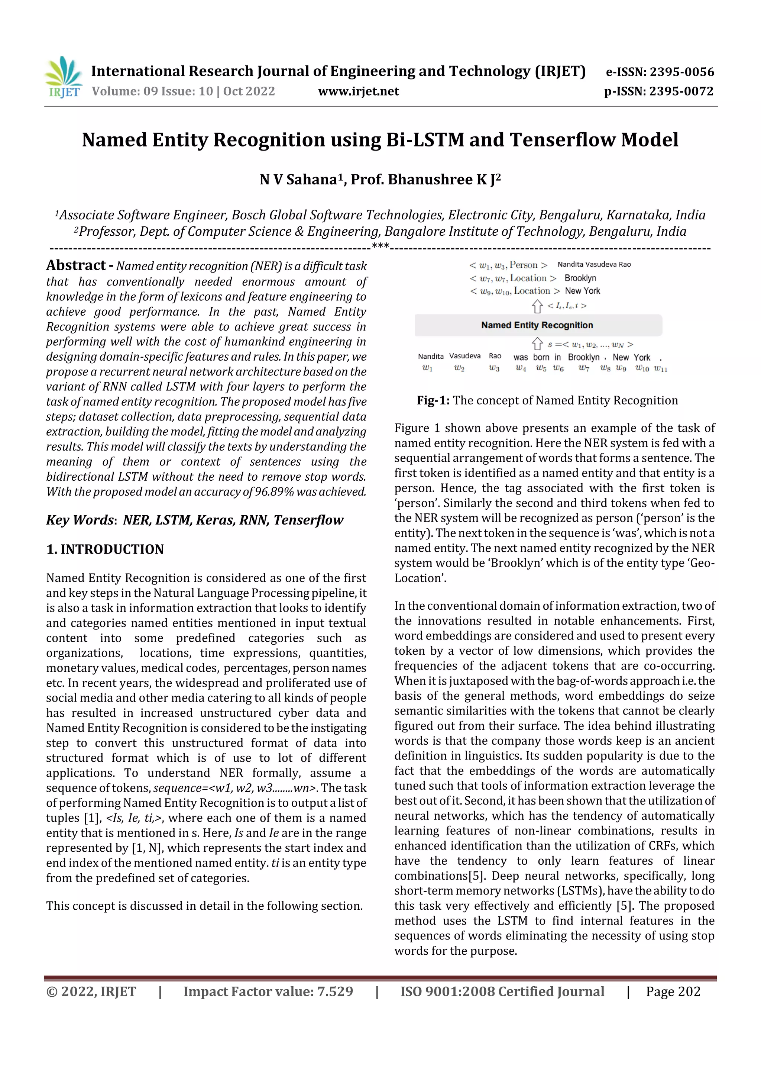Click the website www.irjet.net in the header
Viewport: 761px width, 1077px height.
(x=358, y=91)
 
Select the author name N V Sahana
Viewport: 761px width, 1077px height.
(x=298, y=180)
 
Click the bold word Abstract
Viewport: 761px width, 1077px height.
(x=75, y=265)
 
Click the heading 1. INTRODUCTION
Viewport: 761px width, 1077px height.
(x=105, y=549)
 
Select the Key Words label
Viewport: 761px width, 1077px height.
(x=80, y=520)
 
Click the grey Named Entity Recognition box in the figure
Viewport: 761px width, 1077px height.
(x=537, y=325)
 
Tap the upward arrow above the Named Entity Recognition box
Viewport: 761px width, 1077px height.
(x=537, y=306)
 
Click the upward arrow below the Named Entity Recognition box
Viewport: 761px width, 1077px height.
(x=537, y=344)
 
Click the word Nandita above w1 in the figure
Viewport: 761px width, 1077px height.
(x=430, y=357)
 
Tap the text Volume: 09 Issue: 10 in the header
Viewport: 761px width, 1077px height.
(x=152, y=91)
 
